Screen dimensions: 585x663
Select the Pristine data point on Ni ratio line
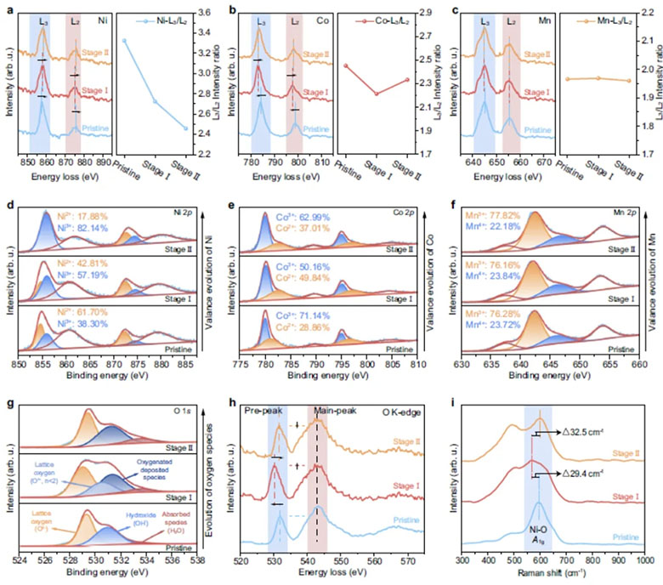[x=124, y=40]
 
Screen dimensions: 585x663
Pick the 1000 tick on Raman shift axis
[x=643, y=562]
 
